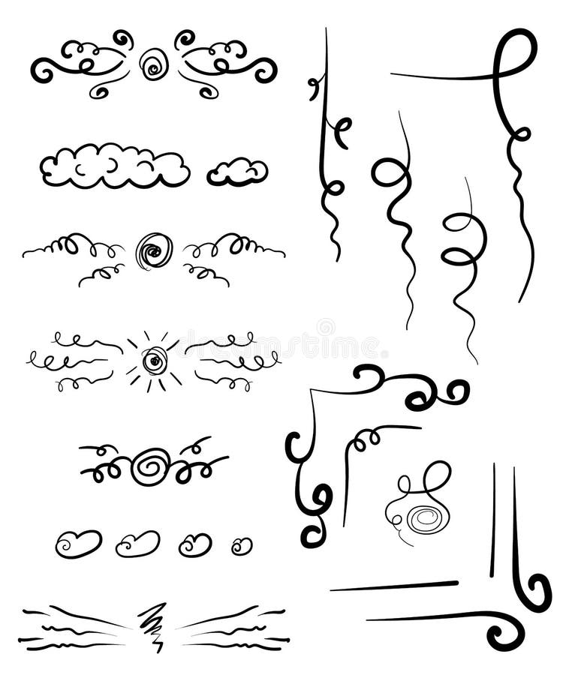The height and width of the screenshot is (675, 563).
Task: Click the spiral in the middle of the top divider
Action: pos(154,64)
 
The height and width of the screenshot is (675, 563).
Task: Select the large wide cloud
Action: pos(114,166)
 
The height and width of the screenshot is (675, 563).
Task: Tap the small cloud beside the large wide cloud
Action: pos(237,172)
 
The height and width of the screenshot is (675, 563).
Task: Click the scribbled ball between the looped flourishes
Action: pos(154,250)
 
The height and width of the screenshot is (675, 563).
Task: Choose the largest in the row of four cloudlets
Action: pos(78,543)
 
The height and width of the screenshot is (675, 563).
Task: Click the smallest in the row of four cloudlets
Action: pos(242,546)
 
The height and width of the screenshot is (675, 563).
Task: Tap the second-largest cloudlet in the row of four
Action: pos(137,544)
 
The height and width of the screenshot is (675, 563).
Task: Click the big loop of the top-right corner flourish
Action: pos(516,54)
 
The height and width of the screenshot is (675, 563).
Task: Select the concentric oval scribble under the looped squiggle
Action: pos(424,517)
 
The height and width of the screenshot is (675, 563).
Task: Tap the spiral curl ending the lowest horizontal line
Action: pos(504,632)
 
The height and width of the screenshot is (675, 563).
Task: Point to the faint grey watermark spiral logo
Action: pos(326,328)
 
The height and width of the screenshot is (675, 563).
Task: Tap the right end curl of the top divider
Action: pos(266,71)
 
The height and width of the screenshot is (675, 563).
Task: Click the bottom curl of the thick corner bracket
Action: pos(315,517)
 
